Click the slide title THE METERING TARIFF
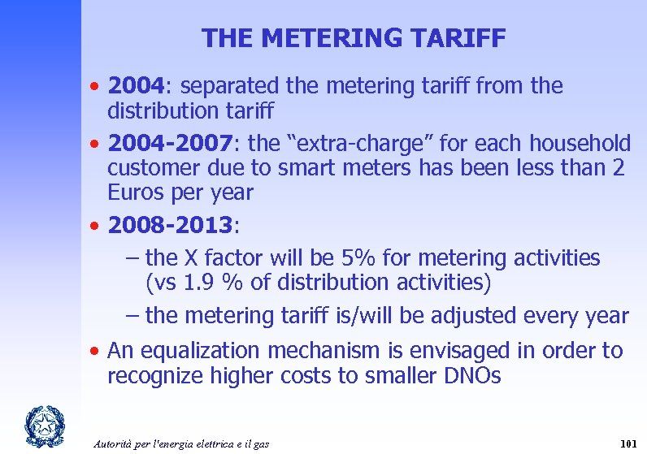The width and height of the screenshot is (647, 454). [x=354, y=38]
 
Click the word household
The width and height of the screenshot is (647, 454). [x=580, y=144]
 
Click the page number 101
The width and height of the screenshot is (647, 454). [x=627, y=443]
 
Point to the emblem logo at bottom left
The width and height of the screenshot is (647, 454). [x=38, y=424]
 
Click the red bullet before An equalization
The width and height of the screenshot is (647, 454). [x=96, y=351]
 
